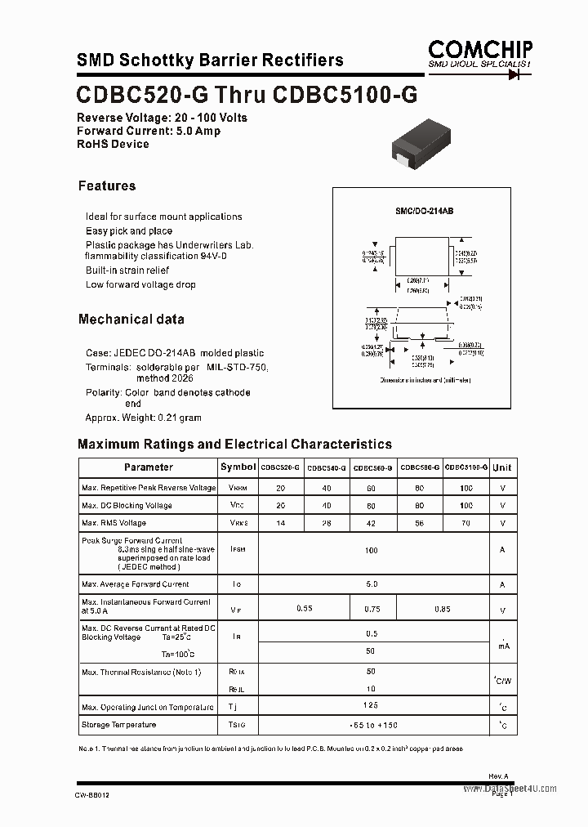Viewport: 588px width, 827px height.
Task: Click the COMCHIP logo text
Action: pos(480,48)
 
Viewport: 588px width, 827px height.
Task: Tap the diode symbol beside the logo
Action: pos(514,74)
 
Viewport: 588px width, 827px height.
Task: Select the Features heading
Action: pos(107,186)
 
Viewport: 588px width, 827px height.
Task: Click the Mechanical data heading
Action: pos(131,319)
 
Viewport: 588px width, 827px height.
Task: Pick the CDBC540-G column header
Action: pos(327,467)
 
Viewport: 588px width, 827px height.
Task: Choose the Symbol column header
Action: pos(238,467)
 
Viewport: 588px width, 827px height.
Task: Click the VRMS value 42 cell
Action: pos(372,523)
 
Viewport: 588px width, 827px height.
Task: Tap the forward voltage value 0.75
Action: pos(372,608)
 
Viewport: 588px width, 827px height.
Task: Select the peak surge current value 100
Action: pos(372,551)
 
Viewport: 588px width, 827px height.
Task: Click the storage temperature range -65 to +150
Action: pos(372,726)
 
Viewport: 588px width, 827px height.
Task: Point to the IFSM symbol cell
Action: pos(238,550)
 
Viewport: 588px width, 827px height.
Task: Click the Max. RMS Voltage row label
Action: pos(114,523)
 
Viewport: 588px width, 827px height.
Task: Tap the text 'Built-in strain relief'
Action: pos(127,270)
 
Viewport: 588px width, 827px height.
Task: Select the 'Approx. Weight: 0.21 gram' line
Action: pos(143,418)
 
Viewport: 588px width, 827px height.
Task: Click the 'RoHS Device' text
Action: pos(113,144)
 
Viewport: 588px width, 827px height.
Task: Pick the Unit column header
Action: pos(502,467)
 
